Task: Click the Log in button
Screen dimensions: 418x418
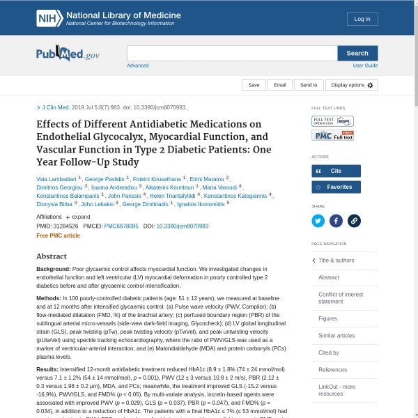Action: point(362,19)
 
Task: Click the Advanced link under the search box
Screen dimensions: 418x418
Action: point(137,65)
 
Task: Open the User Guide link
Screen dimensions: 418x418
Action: point(365,65)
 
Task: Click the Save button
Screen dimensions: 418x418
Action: point(254,85)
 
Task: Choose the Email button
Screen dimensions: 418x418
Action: point(279,85)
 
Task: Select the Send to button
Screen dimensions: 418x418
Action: point(309,85)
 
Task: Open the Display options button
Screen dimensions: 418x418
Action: point(352,85)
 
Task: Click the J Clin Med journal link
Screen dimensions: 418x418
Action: point(56,108)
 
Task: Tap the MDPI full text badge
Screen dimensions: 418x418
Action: point(332,121)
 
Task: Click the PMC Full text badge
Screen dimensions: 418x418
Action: point(332,135)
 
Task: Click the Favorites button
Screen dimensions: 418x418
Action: point(336,187)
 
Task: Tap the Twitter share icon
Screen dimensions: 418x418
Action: point(318,221)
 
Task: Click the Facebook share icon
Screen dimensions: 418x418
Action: point(336,221)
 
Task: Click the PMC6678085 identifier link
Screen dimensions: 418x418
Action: point(121,226)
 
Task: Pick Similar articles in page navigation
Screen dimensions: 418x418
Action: point(336,335)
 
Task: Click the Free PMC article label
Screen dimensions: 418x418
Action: point(58,235)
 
